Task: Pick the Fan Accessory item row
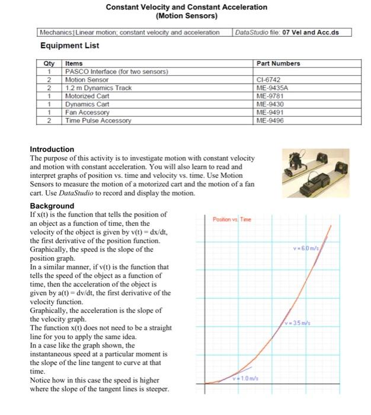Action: click(87, 112)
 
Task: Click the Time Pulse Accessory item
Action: click(98, 120)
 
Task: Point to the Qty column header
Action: click(49, 63)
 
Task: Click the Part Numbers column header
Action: click(278, 63)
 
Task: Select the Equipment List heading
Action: click(69, 46)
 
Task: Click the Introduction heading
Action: click(52, 149)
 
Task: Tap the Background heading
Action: click(52, 206)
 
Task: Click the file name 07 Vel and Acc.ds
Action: click(311, 32)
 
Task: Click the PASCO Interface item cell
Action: click(116, 71)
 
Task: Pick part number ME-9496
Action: click(268, 120)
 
